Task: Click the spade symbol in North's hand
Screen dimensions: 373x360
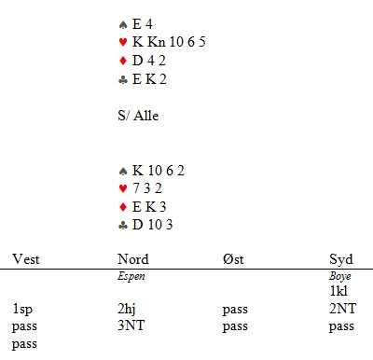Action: tap(123, 25)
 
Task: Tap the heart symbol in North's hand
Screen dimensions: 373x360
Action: tap(123, 42)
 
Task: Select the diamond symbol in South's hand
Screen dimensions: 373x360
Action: tap(123, 207)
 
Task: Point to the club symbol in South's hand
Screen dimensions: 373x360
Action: tap(123, 225)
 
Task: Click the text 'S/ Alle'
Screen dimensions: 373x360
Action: tap(138, 116)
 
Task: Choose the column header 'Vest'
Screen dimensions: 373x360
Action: tap(26, 259)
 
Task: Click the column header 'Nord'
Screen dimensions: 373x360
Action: tap(133, 259)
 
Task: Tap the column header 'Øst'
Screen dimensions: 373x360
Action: tap(233, 259)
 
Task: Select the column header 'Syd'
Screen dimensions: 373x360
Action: tap(341, 259)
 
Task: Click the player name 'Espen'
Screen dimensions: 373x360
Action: tap(131, 276)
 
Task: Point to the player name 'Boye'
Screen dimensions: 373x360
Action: tap(340, 276)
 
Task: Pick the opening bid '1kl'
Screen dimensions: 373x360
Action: tap(338, 291)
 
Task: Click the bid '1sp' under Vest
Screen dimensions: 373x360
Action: tap(22, 310)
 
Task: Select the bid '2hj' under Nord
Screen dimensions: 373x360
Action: tap(127, 309)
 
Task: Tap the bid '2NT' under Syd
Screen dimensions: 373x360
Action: tap(342, 309)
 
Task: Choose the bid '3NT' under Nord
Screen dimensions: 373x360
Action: tap(131, 325)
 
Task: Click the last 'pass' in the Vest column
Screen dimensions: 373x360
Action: tap(24, 344)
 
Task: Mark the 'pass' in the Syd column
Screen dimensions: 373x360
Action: tap(341, 326)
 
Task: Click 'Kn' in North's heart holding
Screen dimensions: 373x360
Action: tap(157, 42)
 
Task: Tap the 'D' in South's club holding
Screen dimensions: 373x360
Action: tap(137, 225)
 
